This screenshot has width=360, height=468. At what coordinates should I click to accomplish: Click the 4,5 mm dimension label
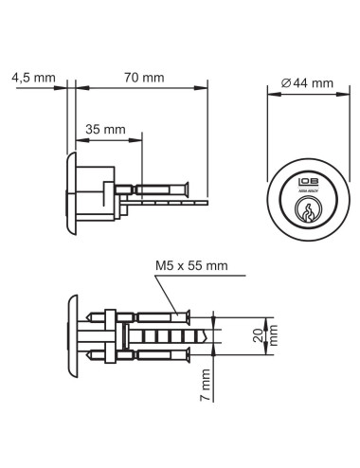pos(30,79)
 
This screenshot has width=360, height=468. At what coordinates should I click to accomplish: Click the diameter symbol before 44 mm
pos(286,83)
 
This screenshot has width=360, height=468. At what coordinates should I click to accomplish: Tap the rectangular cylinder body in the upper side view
pos(95,196)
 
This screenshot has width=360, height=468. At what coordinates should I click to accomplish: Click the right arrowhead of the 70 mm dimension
pos(204,90)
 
